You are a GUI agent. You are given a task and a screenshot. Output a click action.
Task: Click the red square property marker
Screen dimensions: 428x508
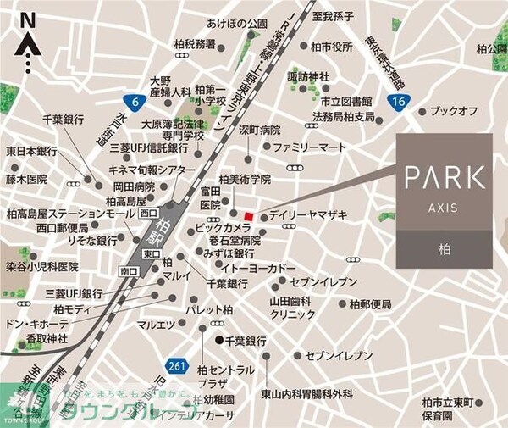pyautogui.click(x=248, y=213)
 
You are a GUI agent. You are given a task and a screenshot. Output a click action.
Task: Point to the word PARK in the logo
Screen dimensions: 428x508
pyautogui.click(x=444, y=178)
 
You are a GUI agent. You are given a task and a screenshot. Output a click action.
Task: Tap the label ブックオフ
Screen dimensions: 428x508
pyautogui.click(x=454, y=111)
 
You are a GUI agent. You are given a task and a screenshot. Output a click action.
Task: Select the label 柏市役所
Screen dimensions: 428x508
pyautogui.click(x=331, y=47)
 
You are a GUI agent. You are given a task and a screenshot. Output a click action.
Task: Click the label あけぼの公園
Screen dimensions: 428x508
pyautogui.click(x=236, y=24)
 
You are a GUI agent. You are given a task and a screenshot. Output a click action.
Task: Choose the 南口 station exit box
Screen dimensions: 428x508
pyautogui.click(x=129, y=271)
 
